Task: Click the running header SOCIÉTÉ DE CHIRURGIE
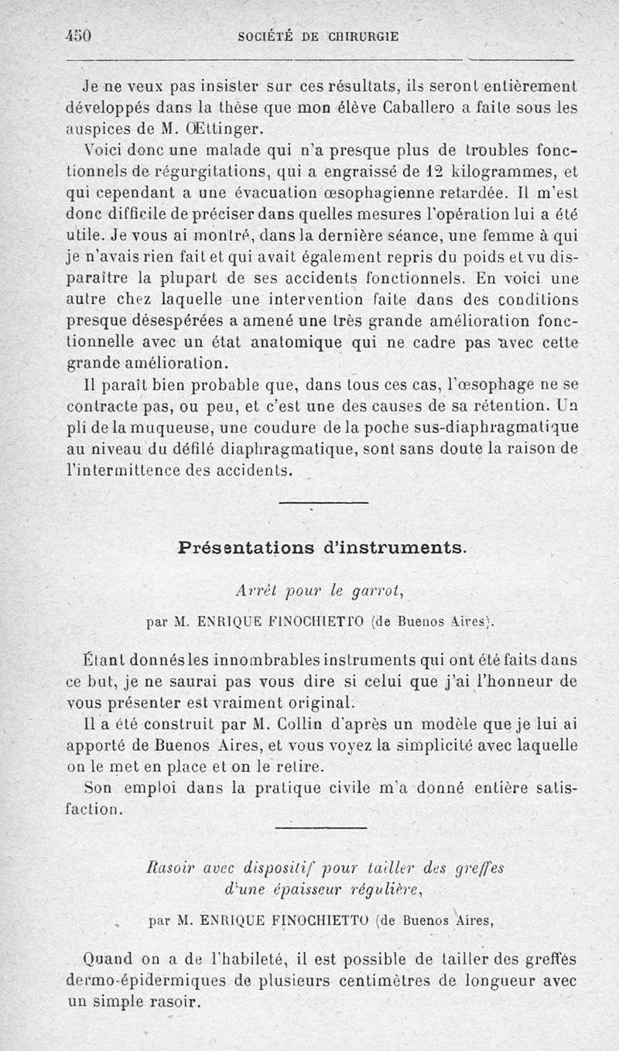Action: coord(320,36)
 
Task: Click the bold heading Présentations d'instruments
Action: coord(322,547)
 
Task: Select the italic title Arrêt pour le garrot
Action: coord(320,591)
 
